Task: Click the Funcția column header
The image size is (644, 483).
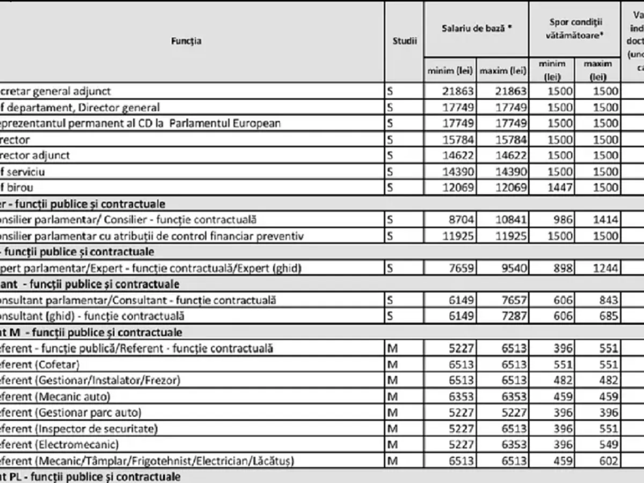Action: pyautogui.click(x=186, y=41)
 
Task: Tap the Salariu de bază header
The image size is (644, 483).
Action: pyautogui.click(x=476, y=28)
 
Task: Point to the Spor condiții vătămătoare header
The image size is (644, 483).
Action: pyautogui.click(x=575, y=28)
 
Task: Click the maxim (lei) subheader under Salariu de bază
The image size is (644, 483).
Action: pyautogui.click(x=503, y=71)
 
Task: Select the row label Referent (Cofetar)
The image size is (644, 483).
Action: pyautogui.click(x=40, y=365)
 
